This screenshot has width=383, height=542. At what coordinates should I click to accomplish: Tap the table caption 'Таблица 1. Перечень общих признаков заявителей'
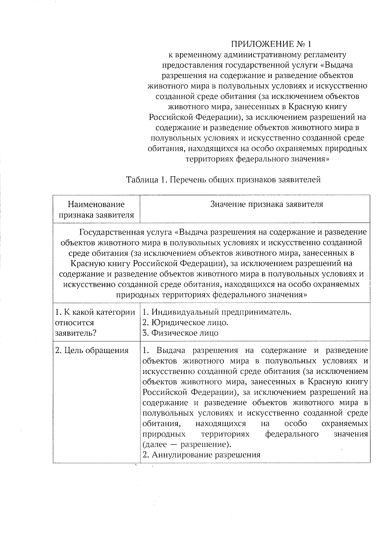pos(223,180)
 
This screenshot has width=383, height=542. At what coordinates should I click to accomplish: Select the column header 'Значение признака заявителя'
pos(267,204)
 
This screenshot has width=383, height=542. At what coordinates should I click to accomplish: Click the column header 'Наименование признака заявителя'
pos(96,210)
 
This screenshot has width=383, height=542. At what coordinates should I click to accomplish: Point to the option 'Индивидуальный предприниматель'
pos(221,312)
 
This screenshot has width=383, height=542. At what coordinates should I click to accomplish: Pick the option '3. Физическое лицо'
pos(180,333)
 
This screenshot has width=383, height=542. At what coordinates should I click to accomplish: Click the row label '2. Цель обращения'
pos(92,350)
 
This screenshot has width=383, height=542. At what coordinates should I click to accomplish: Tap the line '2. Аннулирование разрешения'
pos(201,455)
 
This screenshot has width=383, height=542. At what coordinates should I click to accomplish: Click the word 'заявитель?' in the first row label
pos(76,333)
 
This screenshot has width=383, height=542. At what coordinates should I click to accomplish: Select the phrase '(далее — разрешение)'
pos(186,444)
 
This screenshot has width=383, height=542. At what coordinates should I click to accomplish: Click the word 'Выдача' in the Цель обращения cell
pos(171,350)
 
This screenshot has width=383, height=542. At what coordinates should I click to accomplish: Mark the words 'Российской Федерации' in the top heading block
pos(194,117)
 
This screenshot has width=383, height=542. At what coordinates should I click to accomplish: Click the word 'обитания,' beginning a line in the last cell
pos(160,424)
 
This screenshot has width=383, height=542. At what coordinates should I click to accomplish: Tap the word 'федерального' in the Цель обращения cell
pos(292,434)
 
